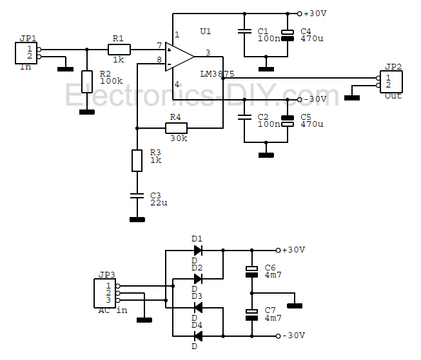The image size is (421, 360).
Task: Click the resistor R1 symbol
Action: coord(119,49)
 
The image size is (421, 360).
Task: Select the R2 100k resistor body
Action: coord(87,82)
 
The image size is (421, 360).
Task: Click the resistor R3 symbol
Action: coord(137,160)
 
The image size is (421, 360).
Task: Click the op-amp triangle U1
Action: coord(179,55)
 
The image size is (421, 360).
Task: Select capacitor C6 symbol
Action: coord(252,270)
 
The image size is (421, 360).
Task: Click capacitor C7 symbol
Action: coord(252,314)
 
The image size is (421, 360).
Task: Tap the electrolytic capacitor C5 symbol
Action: coord(288,120)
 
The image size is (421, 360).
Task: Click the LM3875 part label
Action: coord(217,75)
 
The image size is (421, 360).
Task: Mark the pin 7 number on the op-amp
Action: coord(159,46)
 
